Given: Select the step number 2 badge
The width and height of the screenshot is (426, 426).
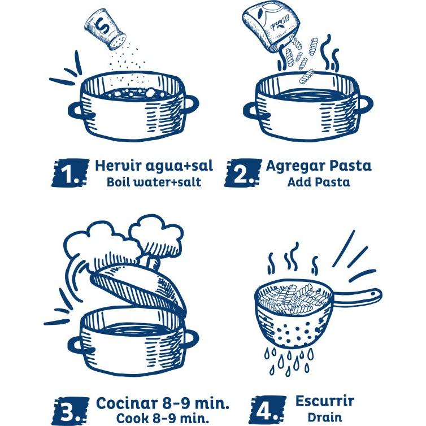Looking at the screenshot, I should point(244,173).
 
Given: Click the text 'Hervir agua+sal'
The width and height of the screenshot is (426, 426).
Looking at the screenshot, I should point(154,166).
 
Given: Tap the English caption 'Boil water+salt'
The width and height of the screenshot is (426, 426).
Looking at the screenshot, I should point(154,182).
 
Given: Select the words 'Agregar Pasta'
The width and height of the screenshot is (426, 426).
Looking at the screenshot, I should point(319,166).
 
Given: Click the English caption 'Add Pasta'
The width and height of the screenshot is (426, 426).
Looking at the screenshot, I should point(319,182).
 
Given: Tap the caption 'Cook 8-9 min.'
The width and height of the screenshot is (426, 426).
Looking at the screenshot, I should point(163,419).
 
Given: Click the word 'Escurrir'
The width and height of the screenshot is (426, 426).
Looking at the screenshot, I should point(324,401).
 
